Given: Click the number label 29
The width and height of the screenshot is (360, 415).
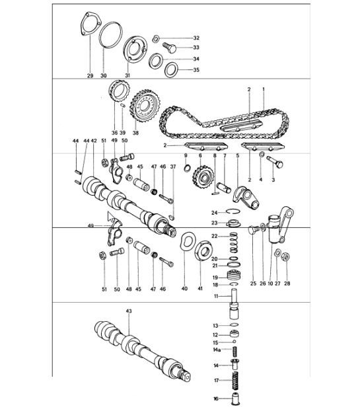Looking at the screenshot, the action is [90, 75].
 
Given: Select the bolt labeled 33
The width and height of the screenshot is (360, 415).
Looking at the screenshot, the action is [168, 48].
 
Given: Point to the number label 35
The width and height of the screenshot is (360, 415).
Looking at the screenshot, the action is [196, 70].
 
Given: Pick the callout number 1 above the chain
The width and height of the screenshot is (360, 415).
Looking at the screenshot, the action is [264, 89].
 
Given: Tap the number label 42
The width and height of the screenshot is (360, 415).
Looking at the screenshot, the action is [94, 141].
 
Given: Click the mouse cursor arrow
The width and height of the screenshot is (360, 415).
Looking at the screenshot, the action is [110, 217].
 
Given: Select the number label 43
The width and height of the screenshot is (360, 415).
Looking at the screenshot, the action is [129, 311].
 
